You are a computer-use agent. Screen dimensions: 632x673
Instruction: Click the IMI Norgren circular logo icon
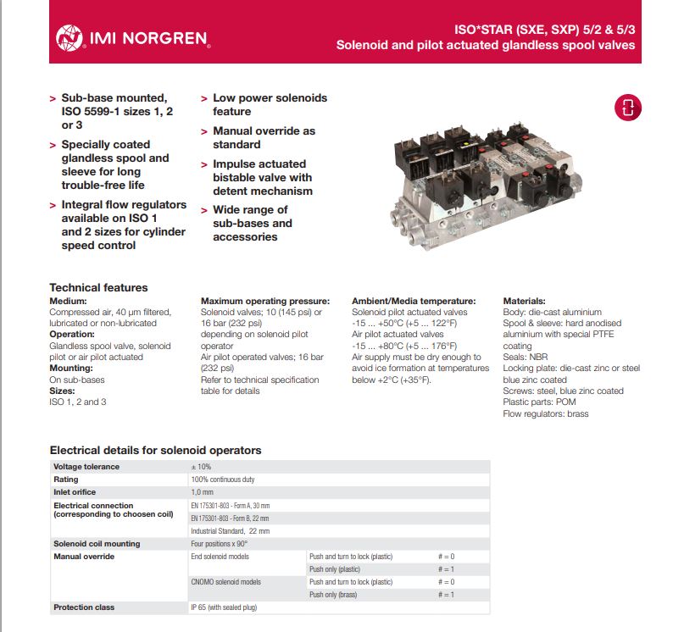pos(69,37)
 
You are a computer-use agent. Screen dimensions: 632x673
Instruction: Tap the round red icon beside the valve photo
pos(628,107)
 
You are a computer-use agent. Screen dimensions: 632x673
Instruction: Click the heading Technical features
pos(98,287)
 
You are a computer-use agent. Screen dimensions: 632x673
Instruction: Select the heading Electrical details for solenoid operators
pos(155,450)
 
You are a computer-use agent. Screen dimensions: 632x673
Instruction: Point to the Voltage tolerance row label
pos(86,467)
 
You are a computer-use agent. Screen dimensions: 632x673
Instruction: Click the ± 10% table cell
pos(202,467)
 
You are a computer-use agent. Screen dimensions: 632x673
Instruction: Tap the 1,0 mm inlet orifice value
pos(202,492)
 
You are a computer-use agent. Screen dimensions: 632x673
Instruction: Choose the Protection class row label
pos(84,607)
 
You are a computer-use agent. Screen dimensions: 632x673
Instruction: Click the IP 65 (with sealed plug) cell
pos(224,607)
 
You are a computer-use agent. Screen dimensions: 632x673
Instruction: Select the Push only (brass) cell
pos(336,595)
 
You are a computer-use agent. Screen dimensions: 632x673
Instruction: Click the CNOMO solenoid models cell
pos(225,582)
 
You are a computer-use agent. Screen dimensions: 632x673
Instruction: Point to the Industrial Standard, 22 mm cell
pos(230,530)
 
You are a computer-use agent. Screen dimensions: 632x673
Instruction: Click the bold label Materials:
pos(524,301)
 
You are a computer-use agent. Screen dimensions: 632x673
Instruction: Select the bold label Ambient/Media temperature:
pos(414,301)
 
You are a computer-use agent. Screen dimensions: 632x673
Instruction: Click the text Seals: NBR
pos(526,357)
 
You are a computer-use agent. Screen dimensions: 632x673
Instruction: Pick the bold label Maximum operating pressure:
pos(264,301)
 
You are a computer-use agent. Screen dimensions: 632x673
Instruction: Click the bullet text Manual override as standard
pos(264,137)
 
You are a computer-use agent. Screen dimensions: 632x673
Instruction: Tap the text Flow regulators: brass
pos(545,413)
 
